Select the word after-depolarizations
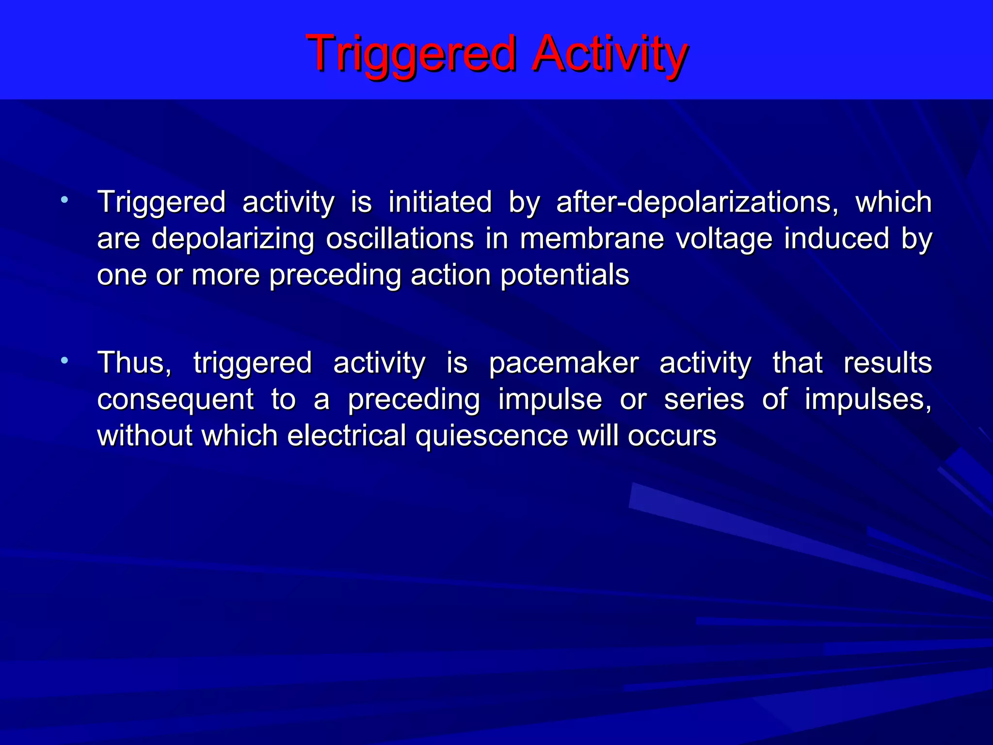[x=697, y=202]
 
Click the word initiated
[x=440, y=202]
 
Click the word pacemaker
[x=563, y=363]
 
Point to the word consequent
[x=175, y=399]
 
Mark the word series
[x=704, y=399]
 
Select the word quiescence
[x=492, y=436]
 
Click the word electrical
[x=346, y=436]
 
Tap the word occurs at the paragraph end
[x=672, y=436]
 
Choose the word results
[x=887, y=363]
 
